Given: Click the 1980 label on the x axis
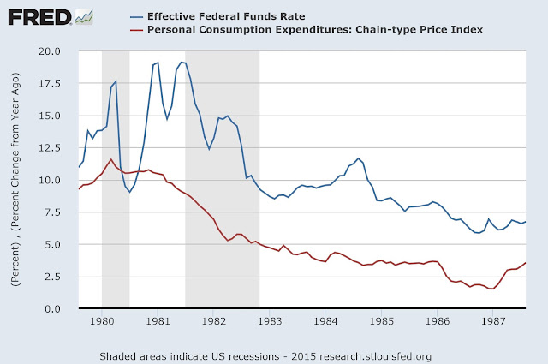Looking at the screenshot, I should [101, 322].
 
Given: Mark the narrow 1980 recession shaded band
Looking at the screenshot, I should [115, 180].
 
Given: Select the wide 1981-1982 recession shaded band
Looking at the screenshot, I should [222, 180].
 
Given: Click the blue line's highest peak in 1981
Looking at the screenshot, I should [181, 62].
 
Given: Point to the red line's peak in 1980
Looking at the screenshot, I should [111, 159].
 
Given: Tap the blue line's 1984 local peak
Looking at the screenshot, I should [359, 158].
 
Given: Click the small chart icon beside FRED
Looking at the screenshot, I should [84, 15].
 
